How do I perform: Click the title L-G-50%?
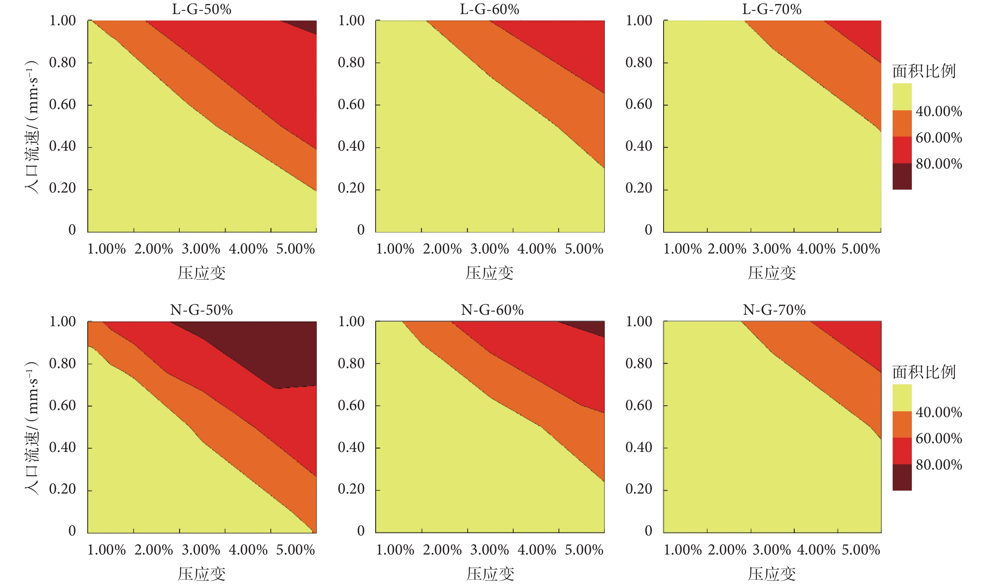click(201, 9)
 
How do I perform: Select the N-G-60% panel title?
click(492, 310)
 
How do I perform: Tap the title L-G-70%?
click(772, 9)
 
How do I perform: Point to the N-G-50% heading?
click(201, 310)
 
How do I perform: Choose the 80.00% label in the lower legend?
click(938, 465)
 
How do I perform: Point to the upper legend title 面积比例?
click(924, 71)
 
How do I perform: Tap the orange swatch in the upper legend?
click(902, 123)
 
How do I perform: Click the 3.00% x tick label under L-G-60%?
click(489, 249)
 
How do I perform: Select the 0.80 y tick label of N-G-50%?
click(62, 363)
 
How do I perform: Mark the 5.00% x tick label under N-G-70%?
click(861, 550)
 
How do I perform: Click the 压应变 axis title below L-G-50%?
click(201, 273)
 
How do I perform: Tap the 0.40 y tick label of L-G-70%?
click(639, 146)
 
